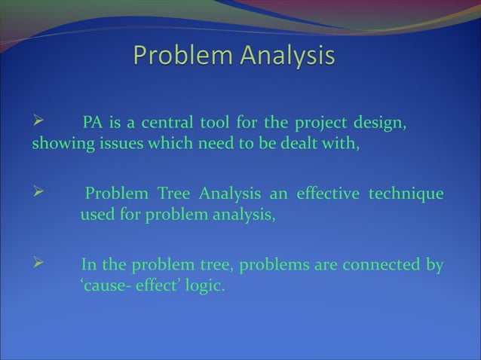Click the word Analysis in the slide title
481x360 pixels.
click(287, 56)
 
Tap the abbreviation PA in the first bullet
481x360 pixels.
click(92, 123)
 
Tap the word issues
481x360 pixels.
click(121, 145)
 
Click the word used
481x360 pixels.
click(97, 217)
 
